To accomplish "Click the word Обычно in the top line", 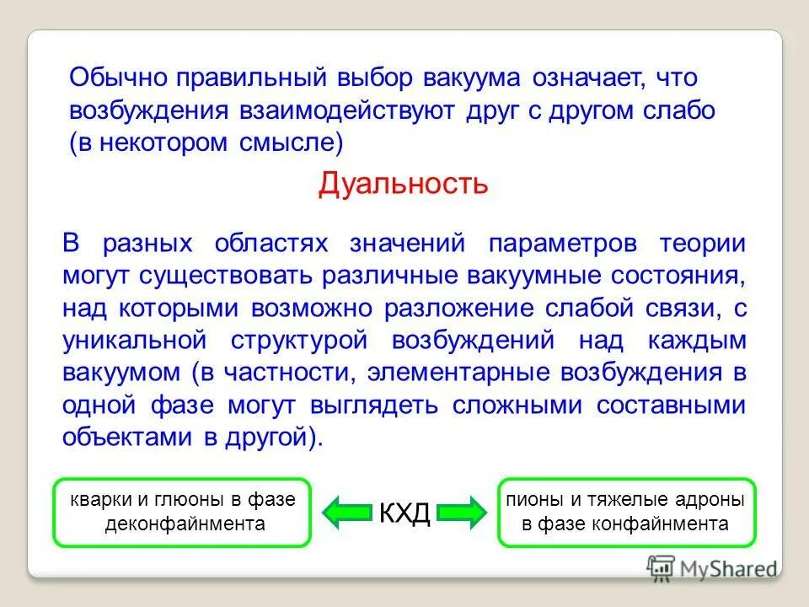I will (118, 78).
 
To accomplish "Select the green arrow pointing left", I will (348, 511).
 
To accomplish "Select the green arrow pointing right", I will (462, 511).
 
